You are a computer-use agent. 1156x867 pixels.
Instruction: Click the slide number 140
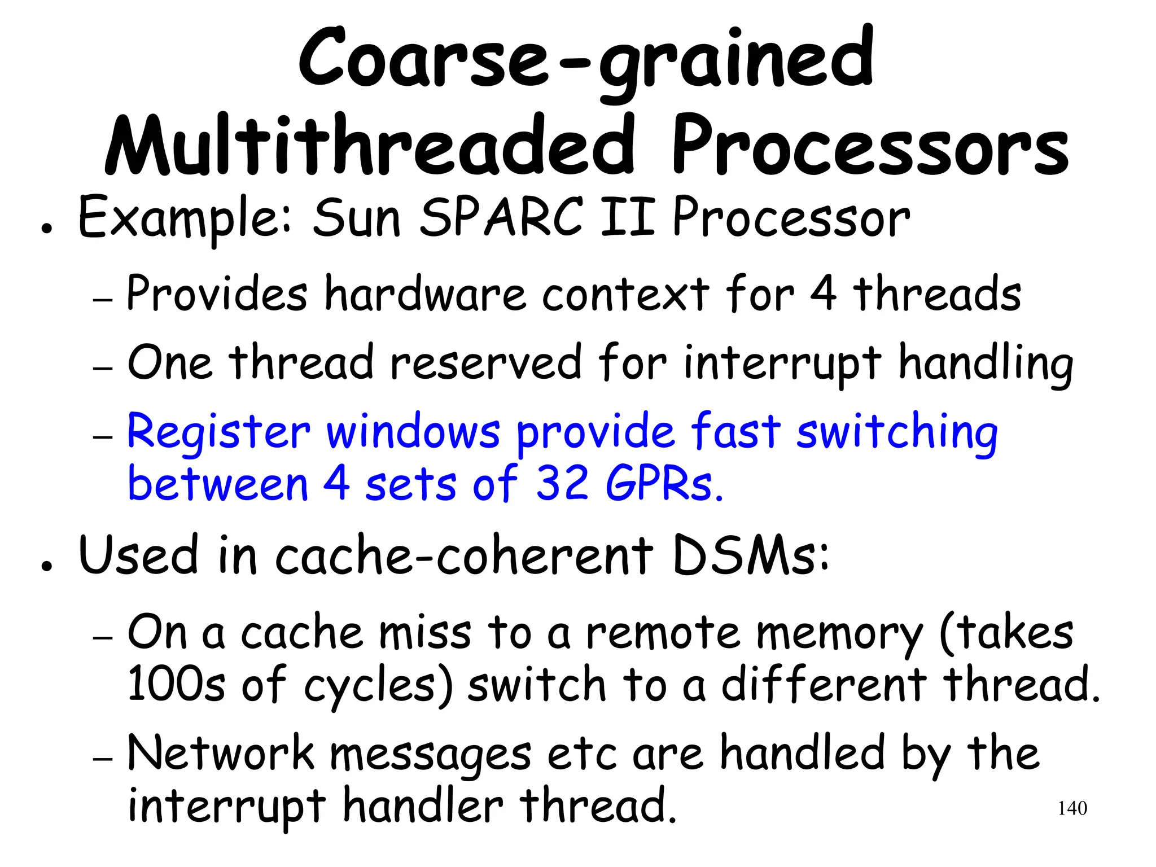coord(1072,808)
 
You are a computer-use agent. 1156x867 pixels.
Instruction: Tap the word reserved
coord(485,362)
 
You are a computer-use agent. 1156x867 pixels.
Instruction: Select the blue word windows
coord(413,432)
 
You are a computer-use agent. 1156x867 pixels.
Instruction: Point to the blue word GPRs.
coord(664,484)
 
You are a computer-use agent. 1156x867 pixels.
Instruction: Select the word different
coord(824,684)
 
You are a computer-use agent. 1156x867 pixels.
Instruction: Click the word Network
coord(221,753)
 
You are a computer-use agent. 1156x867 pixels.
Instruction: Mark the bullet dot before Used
coord(47,566)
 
